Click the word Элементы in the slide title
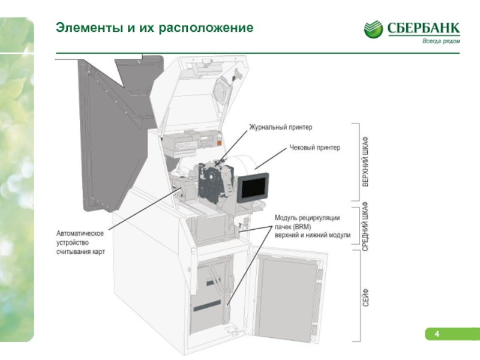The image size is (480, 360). coord(89,28)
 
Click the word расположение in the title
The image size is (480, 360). coord(206,28)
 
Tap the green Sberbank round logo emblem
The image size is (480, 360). coord(373,29)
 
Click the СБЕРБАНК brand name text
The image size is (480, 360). coord(424,28)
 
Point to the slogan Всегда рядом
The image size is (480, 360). coord(441,41)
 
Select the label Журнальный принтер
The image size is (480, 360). coord(280,127)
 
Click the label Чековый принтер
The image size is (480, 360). coord(314,148)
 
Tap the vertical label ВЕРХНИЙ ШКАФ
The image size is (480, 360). coord(365,161)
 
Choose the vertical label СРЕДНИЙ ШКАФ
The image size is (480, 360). coord(365,226)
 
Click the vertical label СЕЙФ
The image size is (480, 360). coord(365,298)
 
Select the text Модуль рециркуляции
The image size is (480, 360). coord(307,218)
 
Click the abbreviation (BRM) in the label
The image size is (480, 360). coord(302,227)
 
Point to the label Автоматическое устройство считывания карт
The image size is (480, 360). coord(80,242)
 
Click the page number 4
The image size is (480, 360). coord(437,334)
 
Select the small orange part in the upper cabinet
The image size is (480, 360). coord(220,143)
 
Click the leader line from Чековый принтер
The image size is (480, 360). coord(271,158)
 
